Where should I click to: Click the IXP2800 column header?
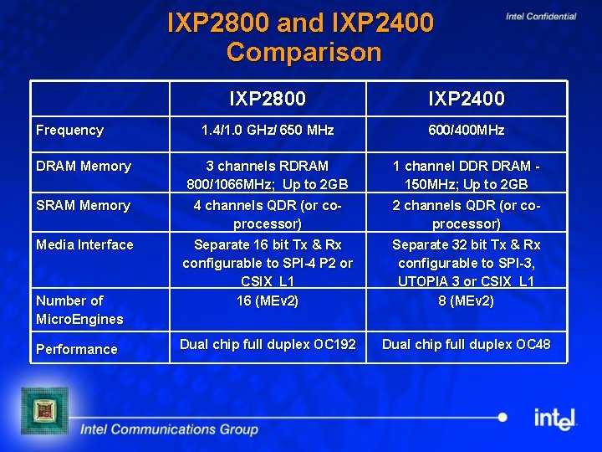268,99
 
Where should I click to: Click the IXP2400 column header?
467,99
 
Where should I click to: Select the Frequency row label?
70,130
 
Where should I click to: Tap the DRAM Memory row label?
84,166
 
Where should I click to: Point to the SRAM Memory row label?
84,205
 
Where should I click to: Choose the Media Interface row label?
84,244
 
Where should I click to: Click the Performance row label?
77,349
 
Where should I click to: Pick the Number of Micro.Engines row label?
79,310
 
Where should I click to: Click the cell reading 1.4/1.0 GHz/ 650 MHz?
268,130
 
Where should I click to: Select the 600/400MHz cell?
467,130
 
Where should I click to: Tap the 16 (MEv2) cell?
268,300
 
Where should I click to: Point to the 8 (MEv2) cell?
467,300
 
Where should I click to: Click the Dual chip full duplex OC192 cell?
268,344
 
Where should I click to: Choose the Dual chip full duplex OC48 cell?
467,344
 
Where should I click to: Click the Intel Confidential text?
541,16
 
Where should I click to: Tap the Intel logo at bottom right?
556,418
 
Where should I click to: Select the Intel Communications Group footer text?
169,429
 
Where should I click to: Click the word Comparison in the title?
304,52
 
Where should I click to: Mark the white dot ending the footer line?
502,417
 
